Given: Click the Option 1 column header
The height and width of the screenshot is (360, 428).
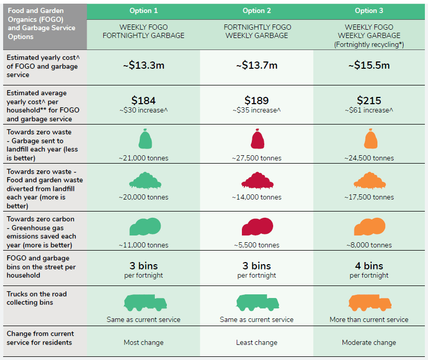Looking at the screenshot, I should pyautogui.click(x=143, y=11).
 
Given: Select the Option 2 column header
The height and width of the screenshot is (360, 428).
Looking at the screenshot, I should pyautogui.click(x=256, y=11).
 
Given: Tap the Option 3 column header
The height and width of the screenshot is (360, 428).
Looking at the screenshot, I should pyautogui.click(x=369, y=11).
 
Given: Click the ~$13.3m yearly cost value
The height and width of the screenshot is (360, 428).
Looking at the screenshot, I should pyautogui.click(x=143, y=65).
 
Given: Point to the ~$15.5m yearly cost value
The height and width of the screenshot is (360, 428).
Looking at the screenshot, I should pyautogui.click(x=369, y=65).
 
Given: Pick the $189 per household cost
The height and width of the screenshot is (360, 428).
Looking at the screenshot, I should pyautogui.click(x=256, y=101).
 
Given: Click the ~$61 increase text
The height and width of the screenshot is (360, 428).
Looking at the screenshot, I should pyautogui.click(x=369, y=110).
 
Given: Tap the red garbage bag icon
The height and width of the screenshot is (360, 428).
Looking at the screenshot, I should pyautogui.click(x=256, y=140).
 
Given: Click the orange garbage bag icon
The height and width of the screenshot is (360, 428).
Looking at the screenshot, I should pyautogui.click(x=369, y=140).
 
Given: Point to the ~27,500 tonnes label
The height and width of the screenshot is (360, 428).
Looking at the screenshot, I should pyautogui.click(x=256, y=158).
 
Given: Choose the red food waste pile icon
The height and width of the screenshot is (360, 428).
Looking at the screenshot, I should pyautogui.click(x=256, y=180).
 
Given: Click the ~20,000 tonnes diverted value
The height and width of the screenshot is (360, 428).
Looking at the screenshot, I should pyautogui.click(x=143, y=197).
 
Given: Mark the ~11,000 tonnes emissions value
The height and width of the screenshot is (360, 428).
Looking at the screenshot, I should pyautogui.click(x=143, y=245).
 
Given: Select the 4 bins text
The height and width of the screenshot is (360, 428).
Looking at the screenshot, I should pyautogui.click(x=369, y=266).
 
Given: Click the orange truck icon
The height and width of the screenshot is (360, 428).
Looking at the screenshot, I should pyautogui.click(x=369, y=303).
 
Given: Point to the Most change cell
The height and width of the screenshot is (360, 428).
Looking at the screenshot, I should pyautogui.click(x=143, y=342).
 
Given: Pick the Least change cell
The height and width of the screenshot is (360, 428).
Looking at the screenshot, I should pyautogui.click(x=256, y=342).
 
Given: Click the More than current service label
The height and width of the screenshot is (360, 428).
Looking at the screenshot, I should pyautogui.click(x=369, y=319).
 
